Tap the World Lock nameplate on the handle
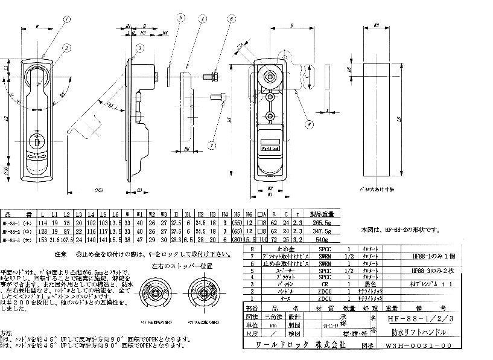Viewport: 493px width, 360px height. pos(269,147)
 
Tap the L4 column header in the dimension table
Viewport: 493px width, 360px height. pos(89,214)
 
